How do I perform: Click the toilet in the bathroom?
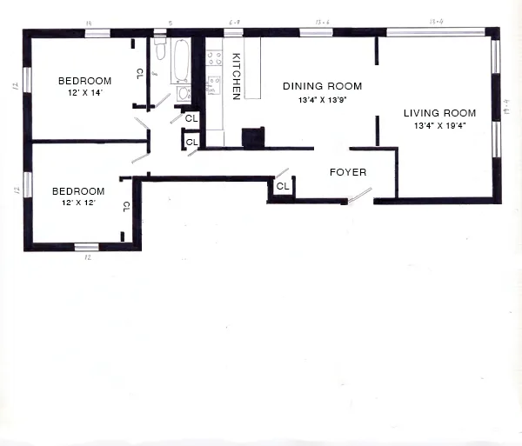tap(159, 49)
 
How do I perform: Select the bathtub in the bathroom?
tap(184, 59)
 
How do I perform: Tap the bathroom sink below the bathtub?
tap(184, 93)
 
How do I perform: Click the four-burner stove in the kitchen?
tap(213, 59)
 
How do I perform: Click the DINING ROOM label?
tap(322, 86)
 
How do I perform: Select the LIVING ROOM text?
tap(439, 113)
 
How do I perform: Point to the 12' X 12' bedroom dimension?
tap(78, 203)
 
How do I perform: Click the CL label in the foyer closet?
tap(283, 187)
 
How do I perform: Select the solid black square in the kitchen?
tap(252, 137)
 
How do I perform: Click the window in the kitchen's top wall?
tap(233, 33)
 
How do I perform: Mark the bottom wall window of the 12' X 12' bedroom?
tap(86, 247)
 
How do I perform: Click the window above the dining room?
tap(311, 33)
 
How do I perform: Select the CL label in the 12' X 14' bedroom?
tap(139, 74)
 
